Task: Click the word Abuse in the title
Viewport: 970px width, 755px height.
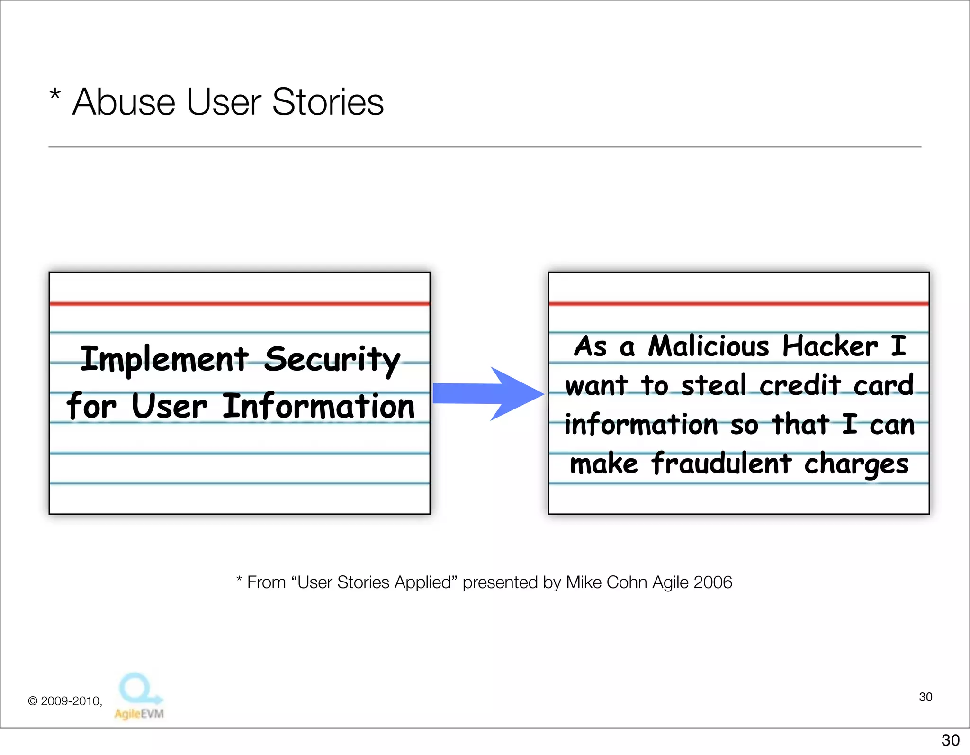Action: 124,102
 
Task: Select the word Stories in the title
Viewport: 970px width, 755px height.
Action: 328,102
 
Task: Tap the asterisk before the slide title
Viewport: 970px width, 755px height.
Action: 55,94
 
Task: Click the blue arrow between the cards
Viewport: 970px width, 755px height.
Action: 488,393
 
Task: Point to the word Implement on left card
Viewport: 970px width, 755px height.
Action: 164,359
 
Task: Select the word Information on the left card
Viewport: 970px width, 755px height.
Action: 318,407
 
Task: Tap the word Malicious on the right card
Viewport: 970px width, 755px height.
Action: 709,346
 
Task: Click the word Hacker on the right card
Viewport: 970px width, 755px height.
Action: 830,346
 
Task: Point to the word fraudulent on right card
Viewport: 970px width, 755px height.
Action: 721,464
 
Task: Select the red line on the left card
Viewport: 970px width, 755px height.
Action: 240,303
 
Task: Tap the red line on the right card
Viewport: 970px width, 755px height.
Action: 738,303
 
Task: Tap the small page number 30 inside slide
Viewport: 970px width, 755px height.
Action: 925,697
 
